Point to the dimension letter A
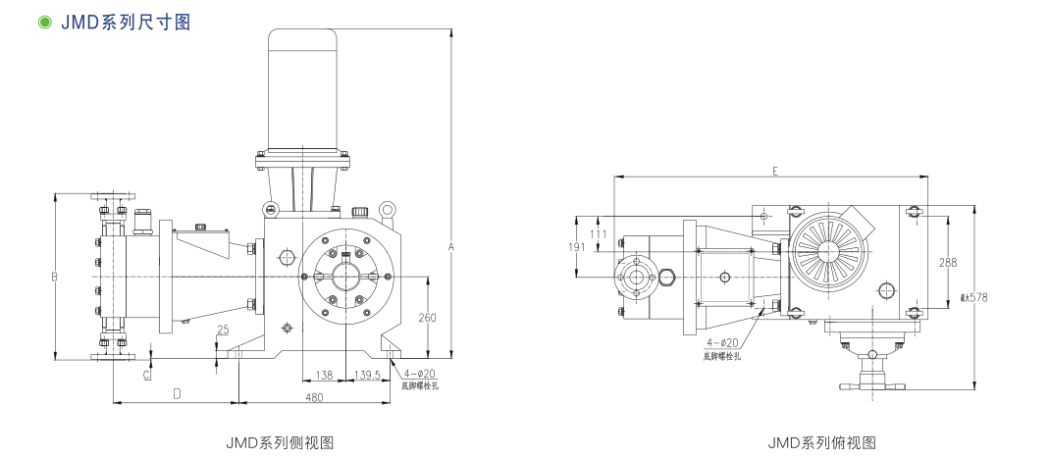(451, 247)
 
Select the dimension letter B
(55, 278)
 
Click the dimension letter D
(177, 393)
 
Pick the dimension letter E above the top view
(774, 171)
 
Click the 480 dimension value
(314, 397)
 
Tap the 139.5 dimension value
(367, 375)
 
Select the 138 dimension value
(324, 375)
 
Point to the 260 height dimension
(427, 317)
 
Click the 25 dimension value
(223, 330)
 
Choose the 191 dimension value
(576, 247)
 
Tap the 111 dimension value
(599, 233)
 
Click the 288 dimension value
(947, 263)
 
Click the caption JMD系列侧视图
(280, 442)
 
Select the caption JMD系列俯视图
(821, 442)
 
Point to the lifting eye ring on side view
(389, 209)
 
